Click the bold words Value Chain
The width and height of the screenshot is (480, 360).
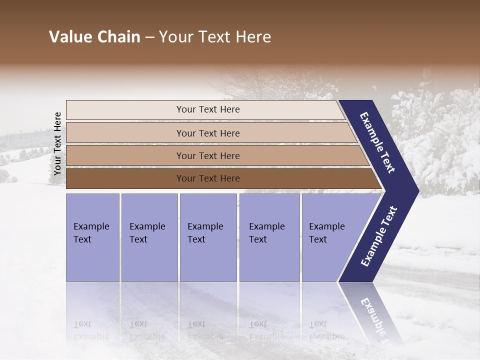(94, 37)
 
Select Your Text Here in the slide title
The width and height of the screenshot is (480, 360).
(215, 37)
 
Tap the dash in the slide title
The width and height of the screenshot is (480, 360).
(149, 37)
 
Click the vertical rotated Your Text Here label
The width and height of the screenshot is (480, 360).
(57, 143)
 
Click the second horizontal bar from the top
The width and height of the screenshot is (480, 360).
(207, 133)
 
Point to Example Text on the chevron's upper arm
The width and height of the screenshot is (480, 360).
(377, 142)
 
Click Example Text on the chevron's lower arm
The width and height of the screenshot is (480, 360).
(378, 236)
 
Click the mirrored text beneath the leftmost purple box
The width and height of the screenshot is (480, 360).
(91, 330)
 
